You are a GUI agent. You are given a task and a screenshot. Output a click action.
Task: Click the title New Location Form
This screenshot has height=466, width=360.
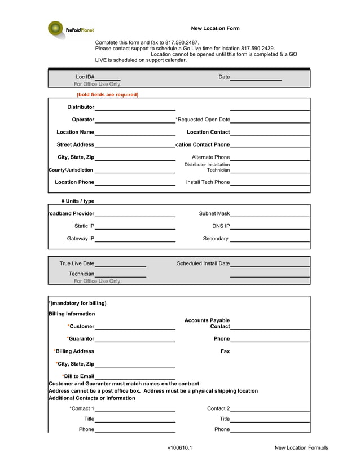[215, 28]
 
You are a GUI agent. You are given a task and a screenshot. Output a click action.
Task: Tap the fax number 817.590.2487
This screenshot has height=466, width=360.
[182, 42]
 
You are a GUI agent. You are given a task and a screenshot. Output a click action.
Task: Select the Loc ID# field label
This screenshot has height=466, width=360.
[85, 77]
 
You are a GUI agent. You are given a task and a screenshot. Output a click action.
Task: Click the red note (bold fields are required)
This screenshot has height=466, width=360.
[107, 95]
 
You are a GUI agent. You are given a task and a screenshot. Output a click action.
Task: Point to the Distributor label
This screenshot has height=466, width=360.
[81, 107]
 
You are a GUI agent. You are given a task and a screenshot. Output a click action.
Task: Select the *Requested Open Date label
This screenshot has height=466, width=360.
[203, 120]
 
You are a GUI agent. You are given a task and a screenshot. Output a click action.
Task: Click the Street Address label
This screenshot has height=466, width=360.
[75, 145]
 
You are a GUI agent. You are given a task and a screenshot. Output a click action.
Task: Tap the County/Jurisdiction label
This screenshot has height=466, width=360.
[71, 170]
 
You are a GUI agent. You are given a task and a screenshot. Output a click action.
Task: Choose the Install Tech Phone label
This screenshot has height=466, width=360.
[208, 182]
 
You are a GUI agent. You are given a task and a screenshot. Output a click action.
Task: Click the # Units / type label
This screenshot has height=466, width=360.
[78, 201]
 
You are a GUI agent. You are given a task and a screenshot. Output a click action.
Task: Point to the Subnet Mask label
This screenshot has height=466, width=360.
[214, 214]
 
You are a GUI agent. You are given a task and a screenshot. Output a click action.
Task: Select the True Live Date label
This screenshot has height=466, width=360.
[77, 263]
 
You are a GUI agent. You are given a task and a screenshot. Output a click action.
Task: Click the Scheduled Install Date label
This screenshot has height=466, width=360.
[203, 263]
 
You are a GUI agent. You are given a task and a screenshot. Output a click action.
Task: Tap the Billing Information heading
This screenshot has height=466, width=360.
[72, 314]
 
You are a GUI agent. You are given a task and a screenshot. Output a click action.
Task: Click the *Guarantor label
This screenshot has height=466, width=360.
[80, 338]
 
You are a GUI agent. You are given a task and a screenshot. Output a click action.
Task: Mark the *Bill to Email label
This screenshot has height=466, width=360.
[78, 376]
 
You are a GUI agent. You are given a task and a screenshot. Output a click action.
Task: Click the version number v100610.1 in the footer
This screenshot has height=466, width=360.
[179, 448]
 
